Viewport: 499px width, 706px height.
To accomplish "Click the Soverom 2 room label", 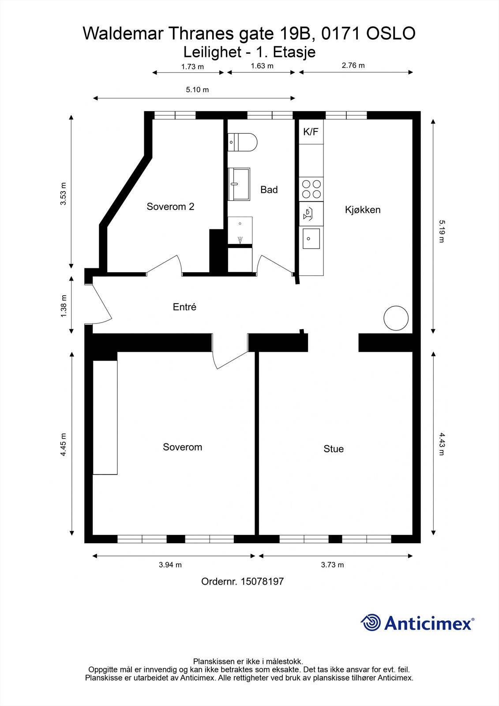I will (170, 207).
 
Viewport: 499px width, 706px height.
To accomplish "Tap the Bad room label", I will (269, 190).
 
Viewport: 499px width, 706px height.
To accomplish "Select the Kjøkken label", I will (362, 210).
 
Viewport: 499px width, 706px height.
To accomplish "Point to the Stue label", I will (333, 449).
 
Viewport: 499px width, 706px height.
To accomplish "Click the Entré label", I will (184, 307).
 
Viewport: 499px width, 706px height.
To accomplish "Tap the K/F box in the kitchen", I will (311, 131).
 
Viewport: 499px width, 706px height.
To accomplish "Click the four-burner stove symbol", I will (311, 189).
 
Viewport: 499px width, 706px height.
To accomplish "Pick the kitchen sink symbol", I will (311, 239).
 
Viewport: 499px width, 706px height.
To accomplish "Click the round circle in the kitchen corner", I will (396, 318).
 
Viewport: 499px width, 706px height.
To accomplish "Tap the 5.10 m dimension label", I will (197, 90).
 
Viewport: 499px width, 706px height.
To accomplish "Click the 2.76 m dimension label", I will (353, 65).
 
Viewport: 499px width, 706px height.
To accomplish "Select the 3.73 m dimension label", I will (332, 564).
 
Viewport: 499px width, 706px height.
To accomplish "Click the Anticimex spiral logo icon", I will (371, 623).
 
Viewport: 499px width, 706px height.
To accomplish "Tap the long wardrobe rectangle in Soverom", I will (105, 417).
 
